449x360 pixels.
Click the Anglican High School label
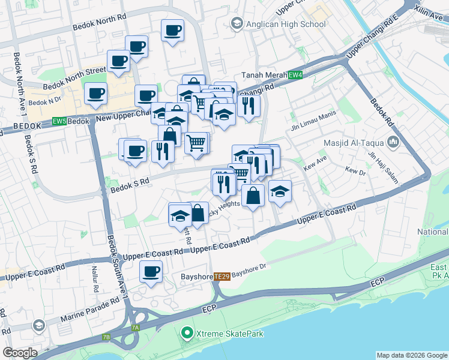[285, 24]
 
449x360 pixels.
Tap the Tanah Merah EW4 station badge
[295, 75]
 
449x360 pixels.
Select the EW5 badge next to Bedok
[59, 121]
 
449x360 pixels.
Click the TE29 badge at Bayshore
[222, 276]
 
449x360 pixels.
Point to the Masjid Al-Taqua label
[357, 143]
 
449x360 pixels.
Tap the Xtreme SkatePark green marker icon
[187, 332]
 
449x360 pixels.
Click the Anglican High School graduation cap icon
[236, 24]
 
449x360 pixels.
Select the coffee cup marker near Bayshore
[151, 271]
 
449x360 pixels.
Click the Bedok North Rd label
[99, 22]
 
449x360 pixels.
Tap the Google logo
[20, 353]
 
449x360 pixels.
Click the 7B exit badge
[106, 338]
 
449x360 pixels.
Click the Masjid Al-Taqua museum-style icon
[393, 142]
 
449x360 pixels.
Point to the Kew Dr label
[355, 171]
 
